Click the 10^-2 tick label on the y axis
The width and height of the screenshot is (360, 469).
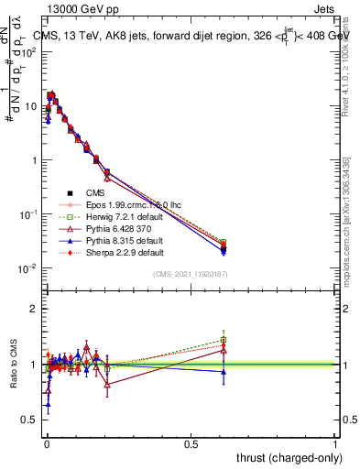[28, 268]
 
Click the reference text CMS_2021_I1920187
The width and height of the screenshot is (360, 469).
[191, 275]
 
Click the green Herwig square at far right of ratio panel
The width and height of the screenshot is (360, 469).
[223, 340]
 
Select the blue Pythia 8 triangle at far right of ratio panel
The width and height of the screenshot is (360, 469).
[223, 371]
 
